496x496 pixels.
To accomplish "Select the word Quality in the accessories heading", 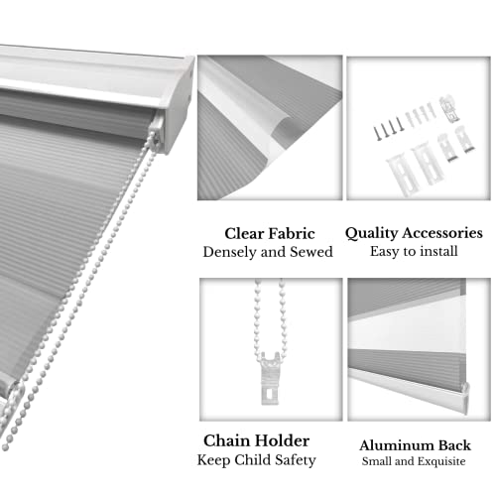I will click(372, 233).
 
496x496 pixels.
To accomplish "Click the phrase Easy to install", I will click(414, 252).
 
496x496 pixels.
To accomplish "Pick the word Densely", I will click(233, 252).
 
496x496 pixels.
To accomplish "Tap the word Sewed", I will click(310, 252).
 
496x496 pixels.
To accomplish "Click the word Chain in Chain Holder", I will click(228, 439).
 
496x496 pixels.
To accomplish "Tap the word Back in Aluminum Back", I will click(450, 445).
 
